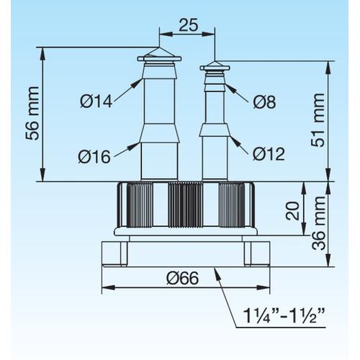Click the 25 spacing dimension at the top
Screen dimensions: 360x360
pyautogui.click(x=189, y=24)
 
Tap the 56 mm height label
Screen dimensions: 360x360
pyautogui.click(x=32, y=113)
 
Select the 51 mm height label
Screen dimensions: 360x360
pyautogui.click(x=318, y=120)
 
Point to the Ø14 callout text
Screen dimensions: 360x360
pyautogui.click(x=96, y=102)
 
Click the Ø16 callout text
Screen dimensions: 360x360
pyautogui.click(x=94, y=157)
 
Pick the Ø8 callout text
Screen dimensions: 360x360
pyautogui.click(x=264, y=102)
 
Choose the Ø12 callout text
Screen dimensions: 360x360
pyautogui.click(x=269, y=153)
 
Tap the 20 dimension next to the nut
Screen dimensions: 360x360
pyautogui.click(x=293, y=211)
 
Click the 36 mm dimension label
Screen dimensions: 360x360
pyautogui.click(x=319, y=223)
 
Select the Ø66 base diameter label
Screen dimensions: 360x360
pyautogui.click(x=183, y=279)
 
